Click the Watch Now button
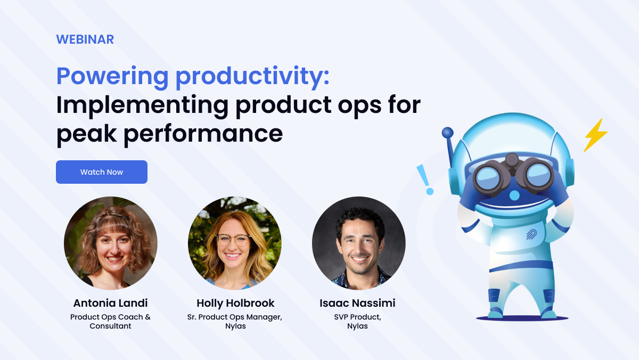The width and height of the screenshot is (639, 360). [x=102, y=172]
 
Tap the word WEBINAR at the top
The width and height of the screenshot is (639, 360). [x=85, y=39]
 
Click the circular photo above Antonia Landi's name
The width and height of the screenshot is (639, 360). [x=111, y=243]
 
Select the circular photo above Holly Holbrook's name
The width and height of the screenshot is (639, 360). [x=235, y=243]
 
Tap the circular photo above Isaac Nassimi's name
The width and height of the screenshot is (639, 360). [x=358, y=243]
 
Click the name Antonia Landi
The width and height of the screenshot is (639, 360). [x=111, y=303]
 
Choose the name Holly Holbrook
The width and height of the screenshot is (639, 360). [x=235, y=303]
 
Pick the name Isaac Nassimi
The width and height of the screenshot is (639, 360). [x=357, y=303]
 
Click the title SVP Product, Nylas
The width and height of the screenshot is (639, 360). [x=357, y=322]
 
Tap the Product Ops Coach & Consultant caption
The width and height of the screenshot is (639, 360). [x=111, y=322]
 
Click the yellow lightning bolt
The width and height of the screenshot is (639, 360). [x=595, y=135]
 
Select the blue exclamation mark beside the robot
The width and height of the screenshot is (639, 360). [x=425, y=178]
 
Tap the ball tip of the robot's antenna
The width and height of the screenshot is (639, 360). [x=448, y=132]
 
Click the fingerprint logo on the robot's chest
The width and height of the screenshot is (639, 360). [x=532, y=235]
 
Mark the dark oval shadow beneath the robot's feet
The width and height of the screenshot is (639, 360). [x=522, y=318]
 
